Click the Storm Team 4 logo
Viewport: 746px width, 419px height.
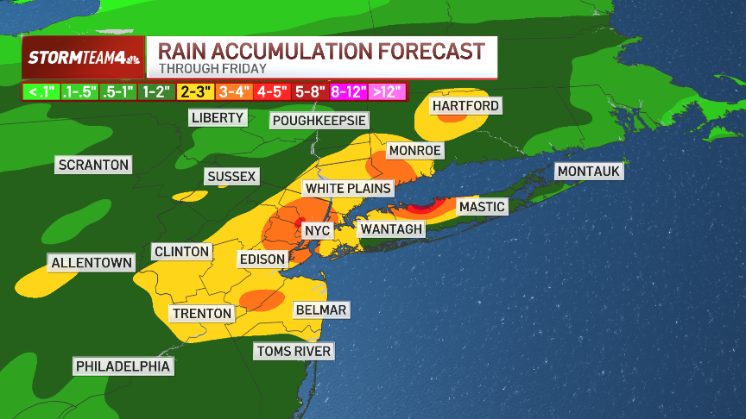tap(82, 58)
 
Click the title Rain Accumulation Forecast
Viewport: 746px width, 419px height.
tap(320, 51)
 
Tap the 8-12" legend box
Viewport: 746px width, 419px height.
tap(349, 91)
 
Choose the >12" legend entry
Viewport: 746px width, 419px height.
tap(387, 91)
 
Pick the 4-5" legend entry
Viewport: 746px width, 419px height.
tap(272, 91)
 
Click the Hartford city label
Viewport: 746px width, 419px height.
tap(465, 106)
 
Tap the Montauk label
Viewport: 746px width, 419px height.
tap(588, 172)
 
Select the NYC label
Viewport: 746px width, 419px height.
tap(317, 231)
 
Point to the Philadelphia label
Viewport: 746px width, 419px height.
tap(123, 366)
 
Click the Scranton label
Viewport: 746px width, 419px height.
tap(93, 165)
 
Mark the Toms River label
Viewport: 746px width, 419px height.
tap(294, 351)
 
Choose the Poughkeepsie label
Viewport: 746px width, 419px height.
tap(319, 121)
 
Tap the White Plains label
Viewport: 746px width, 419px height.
tap(348, 188)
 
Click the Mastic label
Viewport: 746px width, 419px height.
tap(481, 207)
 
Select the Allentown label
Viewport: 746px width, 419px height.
tap(92, 263)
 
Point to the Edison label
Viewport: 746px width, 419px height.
tap(262, 259)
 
